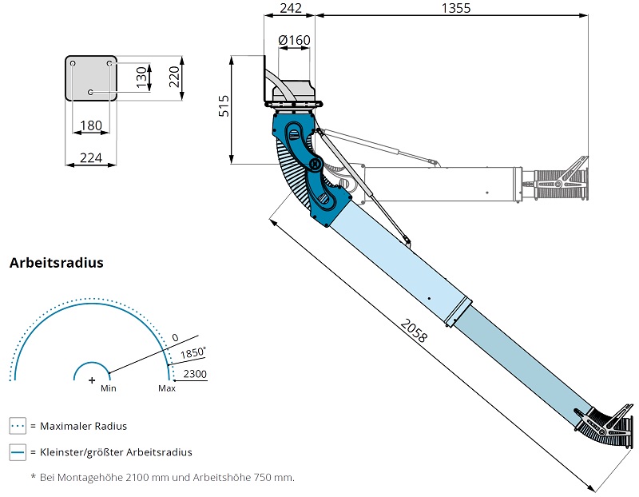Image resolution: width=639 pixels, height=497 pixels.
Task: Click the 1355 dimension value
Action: (456, 8)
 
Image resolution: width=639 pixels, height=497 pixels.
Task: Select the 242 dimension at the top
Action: (291, 8)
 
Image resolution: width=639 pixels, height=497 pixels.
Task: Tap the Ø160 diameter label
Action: (294, 40)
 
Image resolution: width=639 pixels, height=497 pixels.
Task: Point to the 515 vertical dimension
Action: (224, 106)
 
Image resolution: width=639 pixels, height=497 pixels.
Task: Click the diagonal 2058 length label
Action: (414, 330)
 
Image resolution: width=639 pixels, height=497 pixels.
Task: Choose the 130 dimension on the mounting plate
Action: (141, 78)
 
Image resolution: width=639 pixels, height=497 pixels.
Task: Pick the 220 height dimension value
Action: (174, 77)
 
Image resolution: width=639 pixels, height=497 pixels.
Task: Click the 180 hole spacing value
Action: (91, 125)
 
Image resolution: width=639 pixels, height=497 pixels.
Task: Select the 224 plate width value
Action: (91, 157)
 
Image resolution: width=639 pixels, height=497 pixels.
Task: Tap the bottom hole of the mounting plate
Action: (90, 93)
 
